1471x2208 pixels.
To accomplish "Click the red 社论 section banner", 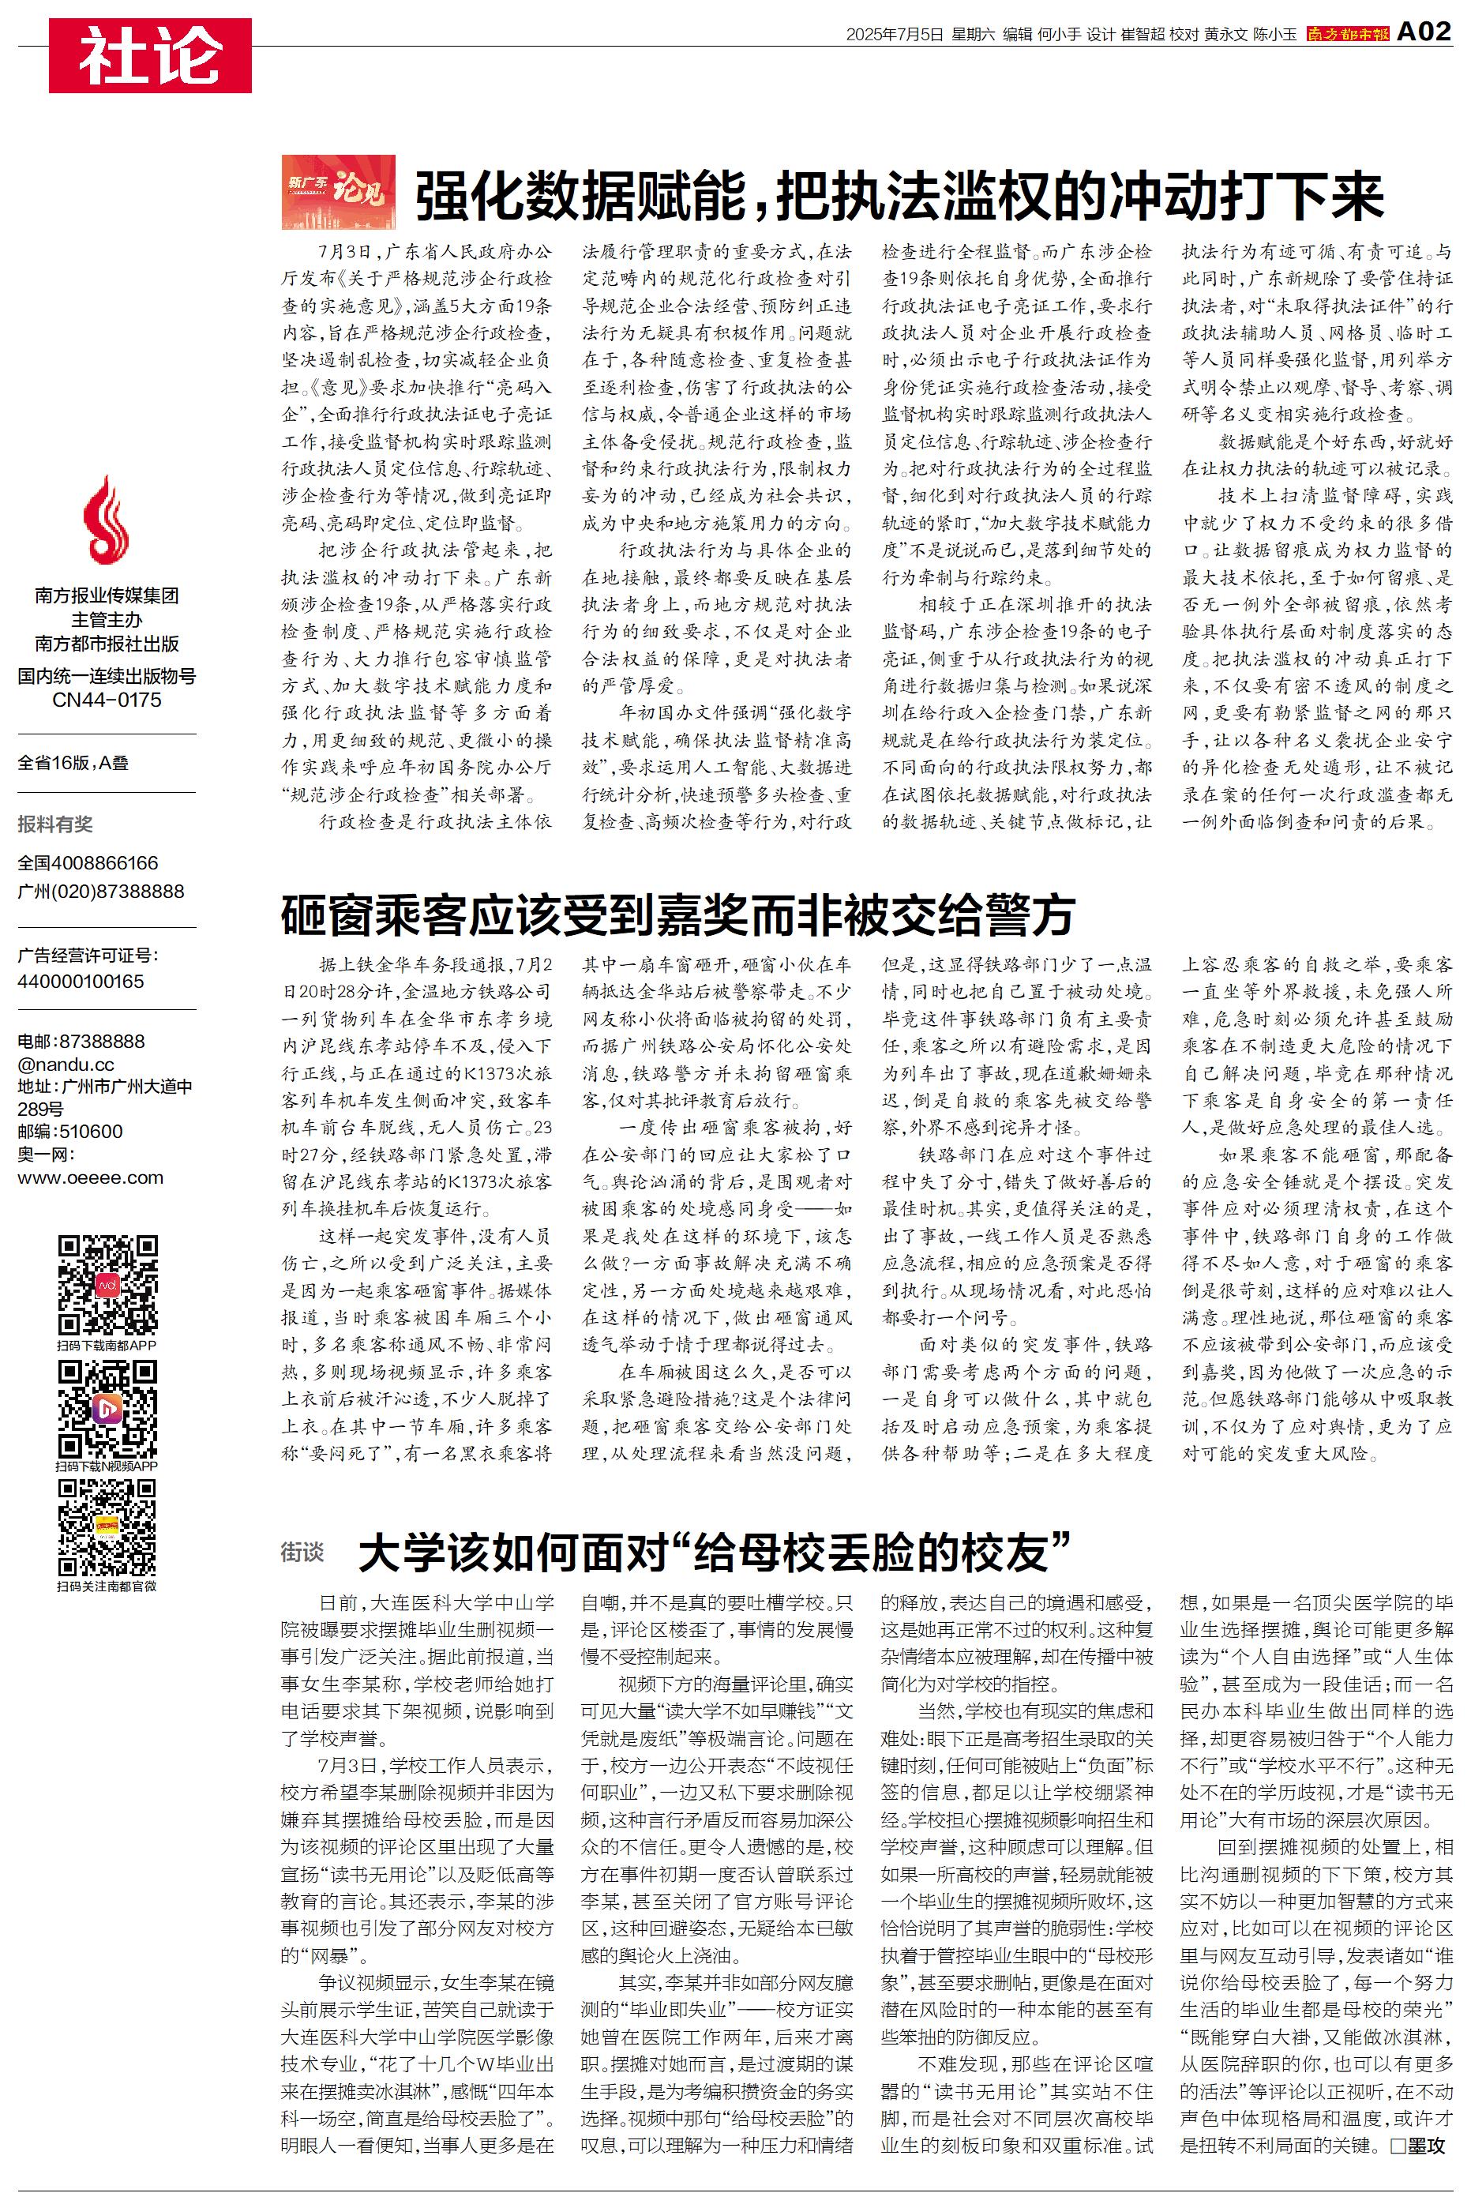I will (150, 55).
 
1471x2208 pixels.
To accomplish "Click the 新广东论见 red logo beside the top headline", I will (338, 192).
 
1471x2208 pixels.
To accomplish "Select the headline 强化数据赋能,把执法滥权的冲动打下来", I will (899, 195).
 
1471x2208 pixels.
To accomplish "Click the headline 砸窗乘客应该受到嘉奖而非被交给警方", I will (677, 914).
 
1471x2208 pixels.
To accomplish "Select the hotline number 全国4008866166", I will (88, 863).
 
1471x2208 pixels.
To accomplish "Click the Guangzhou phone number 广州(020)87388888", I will (101, 891).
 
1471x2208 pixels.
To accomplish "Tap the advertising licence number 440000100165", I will (81, 981).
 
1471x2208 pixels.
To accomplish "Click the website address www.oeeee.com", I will (90, 1178).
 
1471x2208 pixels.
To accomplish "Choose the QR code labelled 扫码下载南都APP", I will (107, 1285).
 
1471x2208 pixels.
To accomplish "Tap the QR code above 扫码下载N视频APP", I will (107, 1407).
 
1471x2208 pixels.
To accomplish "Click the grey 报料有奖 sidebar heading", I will (55, 824).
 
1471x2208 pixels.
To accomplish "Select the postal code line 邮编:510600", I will (69, 1131).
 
